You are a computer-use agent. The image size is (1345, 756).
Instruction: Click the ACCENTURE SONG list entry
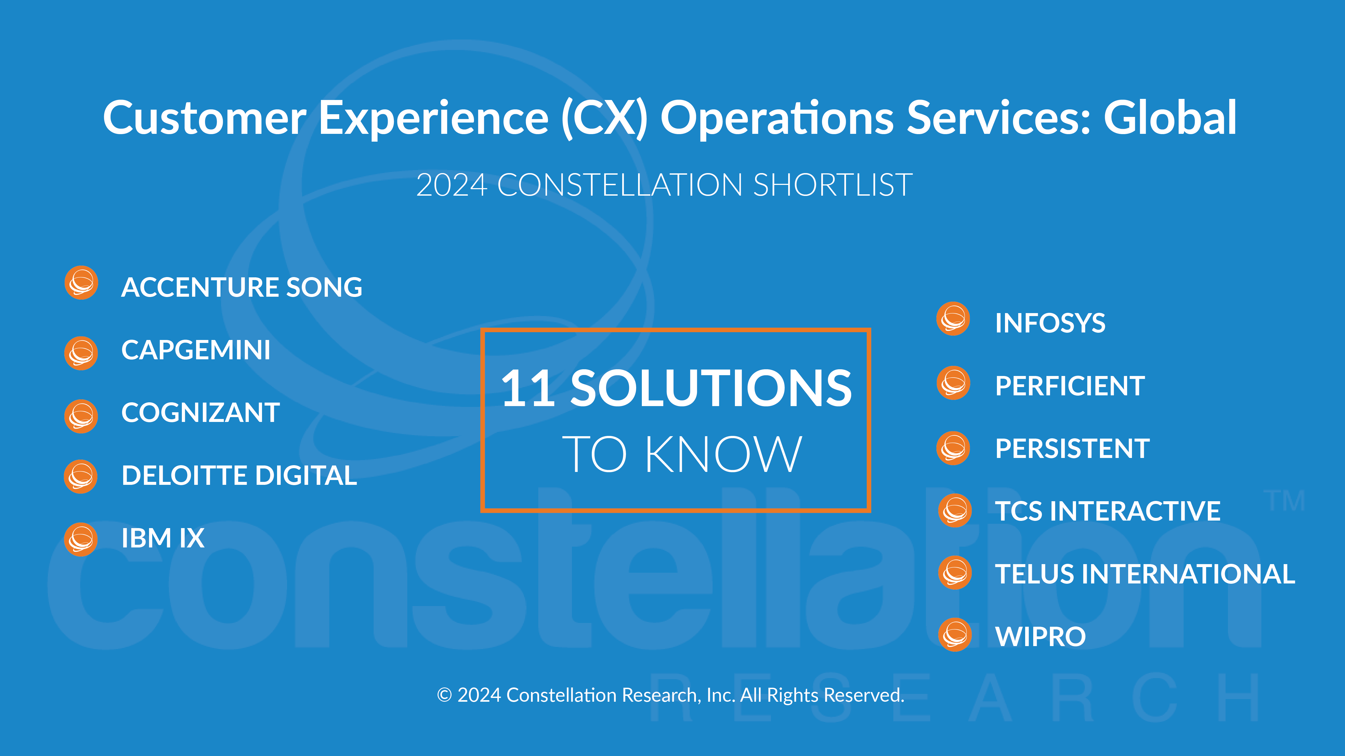pos(242,288)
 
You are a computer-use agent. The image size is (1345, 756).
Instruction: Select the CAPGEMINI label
pos(196,350)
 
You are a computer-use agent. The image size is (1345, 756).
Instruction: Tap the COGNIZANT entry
pos(200,413)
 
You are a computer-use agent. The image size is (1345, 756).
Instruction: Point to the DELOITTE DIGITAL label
pos(239,475)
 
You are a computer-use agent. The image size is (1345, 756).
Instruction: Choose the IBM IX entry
pos(163,538)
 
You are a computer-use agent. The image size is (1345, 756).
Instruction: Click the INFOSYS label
pos(1050,323)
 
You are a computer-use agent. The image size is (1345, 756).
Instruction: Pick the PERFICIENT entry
pos(1070,386)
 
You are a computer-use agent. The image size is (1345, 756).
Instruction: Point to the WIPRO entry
pos(1040,636)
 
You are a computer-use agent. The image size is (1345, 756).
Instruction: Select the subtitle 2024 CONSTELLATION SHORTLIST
pos(664,185)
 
